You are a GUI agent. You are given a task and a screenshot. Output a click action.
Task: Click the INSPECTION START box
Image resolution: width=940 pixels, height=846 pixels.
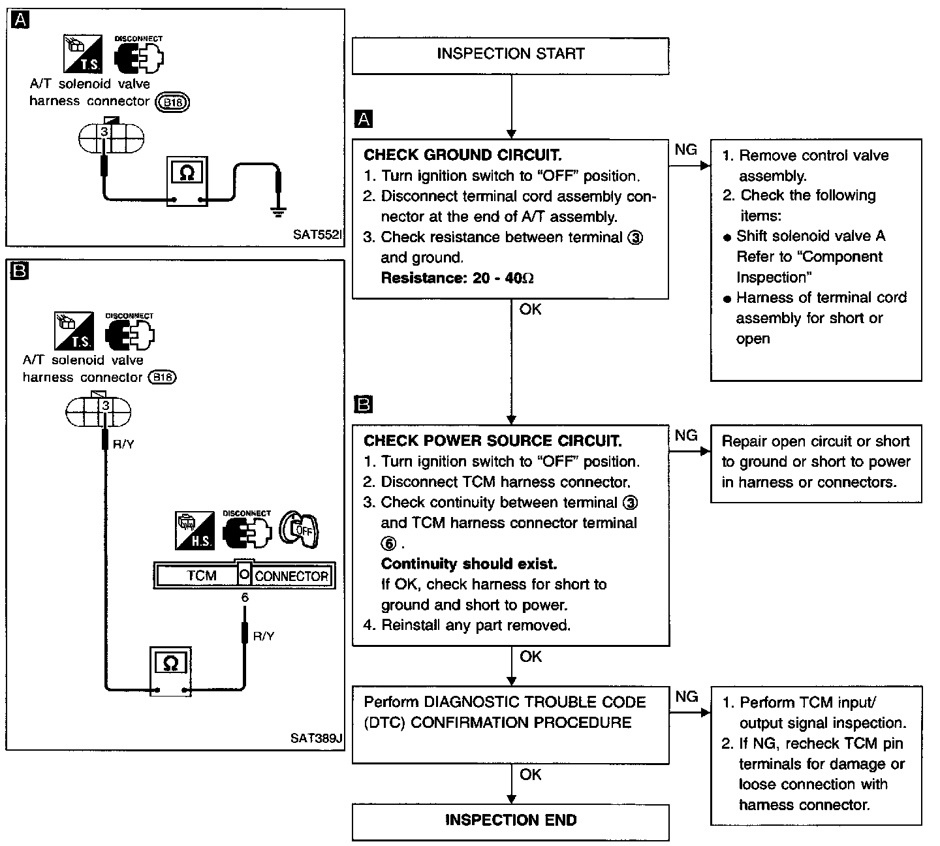tap(510, 55)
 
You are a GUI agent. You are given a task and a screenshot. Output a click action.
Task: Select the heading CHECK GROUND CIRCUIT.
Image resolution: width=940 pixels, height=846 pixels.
tap(463, 155)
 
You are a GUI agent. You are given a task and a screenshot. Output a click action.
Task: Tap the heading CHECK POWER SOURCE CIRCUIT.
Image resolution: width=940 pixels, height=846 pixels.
tap(492, 441)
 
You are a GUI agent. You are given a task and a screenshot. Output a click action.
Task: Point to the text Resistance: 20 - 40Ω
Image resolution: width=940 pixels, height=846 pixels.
tap(457, 278)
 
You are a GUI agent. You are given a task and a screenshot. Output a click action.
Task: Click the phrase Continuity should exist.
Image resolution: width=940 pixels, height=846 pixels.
tap(469, 563)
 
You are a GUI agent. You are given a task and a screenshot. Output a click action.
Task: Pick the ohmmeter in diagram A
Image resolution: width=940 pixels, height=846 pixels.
tap(187, 181)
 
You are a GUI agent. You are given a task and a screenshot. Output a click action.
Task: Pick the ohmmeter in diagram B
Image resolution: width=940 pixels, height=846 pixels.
tap(170, 671)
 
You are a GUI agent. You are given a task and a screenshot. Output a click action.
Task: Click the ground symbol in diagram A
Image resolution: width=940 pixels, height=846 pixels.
tap(278, 212)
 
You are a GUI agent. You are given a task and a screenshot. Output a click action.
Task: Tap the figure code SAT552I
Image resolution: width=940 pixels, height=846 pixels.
tap(318, 234)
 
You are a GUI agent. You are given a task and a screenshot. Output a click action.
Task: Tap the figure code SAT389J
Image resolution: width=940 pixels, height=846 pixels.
tap(316, 738)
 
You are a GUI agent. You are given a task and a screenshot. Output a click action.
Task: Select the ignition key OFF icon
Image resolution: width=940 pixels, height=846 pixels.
tap(299, 530)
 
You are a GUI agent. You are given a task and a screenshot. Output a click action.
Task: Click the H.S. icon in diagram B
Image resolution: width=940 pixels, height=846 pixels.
tap(195, 531)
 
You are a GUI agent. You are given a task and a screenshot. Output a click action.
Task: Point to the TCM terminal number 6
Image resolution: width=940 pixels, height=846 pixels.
tap(245, 597)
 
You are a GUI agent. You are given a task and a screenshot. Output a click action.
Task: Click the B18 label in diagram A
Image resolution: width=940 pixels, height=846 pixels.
tap(172, 102)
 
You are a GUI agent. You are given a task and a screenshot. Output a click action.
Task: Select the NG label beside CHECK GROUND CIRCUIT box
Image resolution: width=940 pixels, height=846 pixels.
tap(685, 149)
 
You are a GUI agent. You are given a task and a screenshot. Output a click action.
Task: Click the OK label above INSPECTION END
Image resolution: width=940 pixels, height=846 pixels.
tap(531, 774)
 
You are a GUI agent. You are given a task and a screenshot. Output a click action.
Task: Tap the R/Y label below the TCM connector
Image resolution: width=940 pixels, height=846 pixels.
tap(263, 636)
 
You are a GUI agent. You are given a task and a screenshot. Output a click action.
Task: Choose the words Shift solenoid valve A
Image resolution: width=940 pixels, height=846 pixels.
tap(811, 235)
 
